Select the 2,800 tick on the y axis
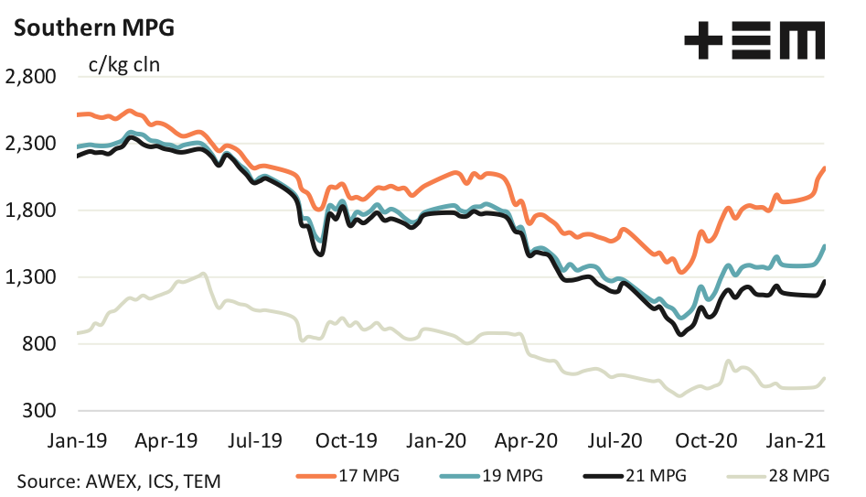32,77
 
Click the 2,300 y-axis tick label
32,144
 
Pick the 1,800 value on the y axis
32,211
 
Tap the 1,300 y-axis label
32,277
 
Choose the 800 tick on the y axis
40,344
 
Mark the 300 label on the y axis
40,411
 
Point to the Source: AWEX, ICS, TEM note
117,480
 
